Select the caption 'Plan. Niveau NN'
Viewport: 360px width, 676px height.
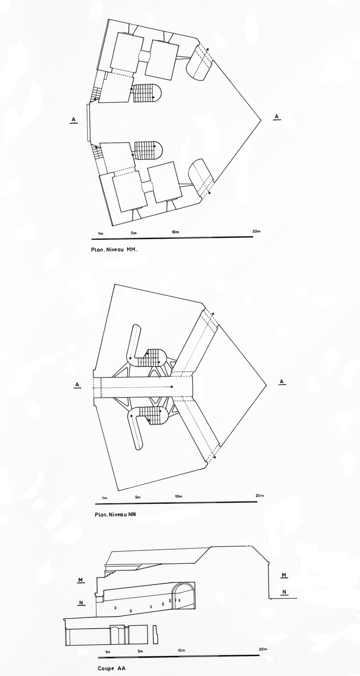pos(115,514)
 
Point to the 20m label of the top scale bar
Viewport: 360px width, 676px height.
pos(257,231)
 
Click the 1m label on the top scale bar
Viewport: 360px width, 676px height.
pos(101,233)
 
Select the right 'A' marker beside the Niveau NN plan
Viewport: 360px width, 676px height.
pos(282,382)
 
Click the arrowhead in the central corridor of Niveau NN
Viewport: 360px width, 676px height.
pos(172,387)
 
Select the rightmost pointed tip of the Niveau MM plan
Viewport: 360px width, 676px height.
pos(261,120)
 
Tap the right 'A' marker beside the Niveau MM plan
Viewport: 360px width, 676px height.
pos(277,117)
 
